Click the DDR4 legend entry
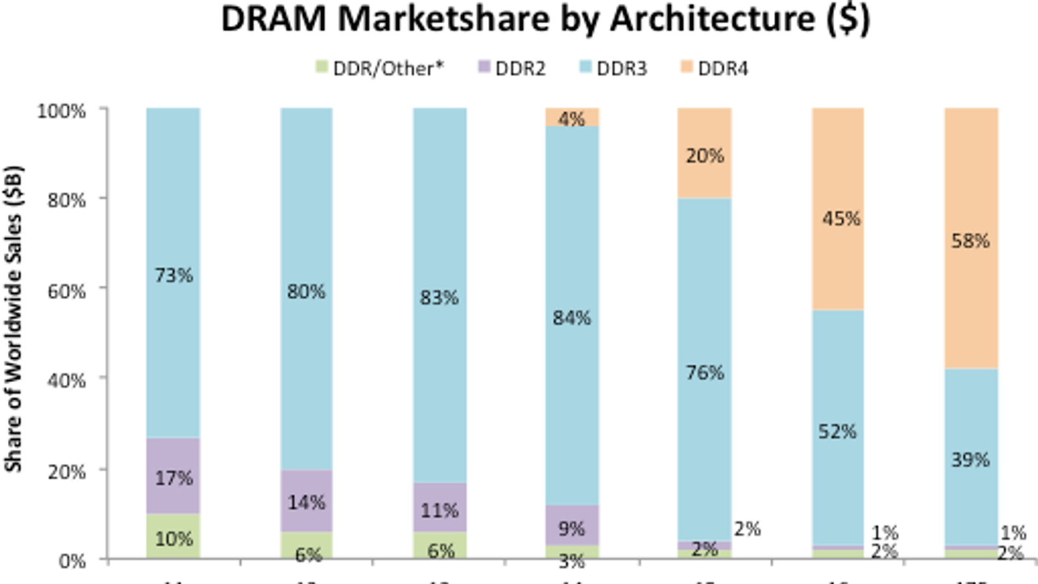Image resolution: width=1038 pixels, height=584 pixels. point(714,68)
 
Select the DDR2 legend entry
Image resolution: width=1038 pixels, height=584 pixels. point(512,68)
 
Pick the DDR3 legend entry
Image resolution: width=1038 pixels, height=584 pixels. point(613,68)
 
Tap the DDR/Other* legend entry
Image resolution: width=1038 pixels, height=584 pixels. point(380,68)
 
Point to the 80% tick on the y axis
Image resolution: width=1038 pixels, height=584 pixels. point(67,200)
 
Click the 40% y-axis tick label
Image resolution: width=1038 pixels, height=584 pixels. point(67,380)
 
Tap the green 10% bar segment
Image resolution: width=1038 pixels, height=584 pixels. point(173,537)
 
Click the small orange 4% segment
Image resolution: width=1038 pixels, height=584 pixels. point(572,117)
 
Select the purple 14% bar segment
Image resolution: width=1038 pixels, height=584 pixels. point(306,501)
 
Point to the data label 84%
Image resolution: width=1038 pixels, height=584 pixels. point(572,318)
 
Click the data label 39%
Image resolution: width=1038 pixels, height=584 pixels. point(971,460)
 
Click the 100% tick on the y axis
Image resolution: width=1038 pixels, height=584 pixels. point(62,111)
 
